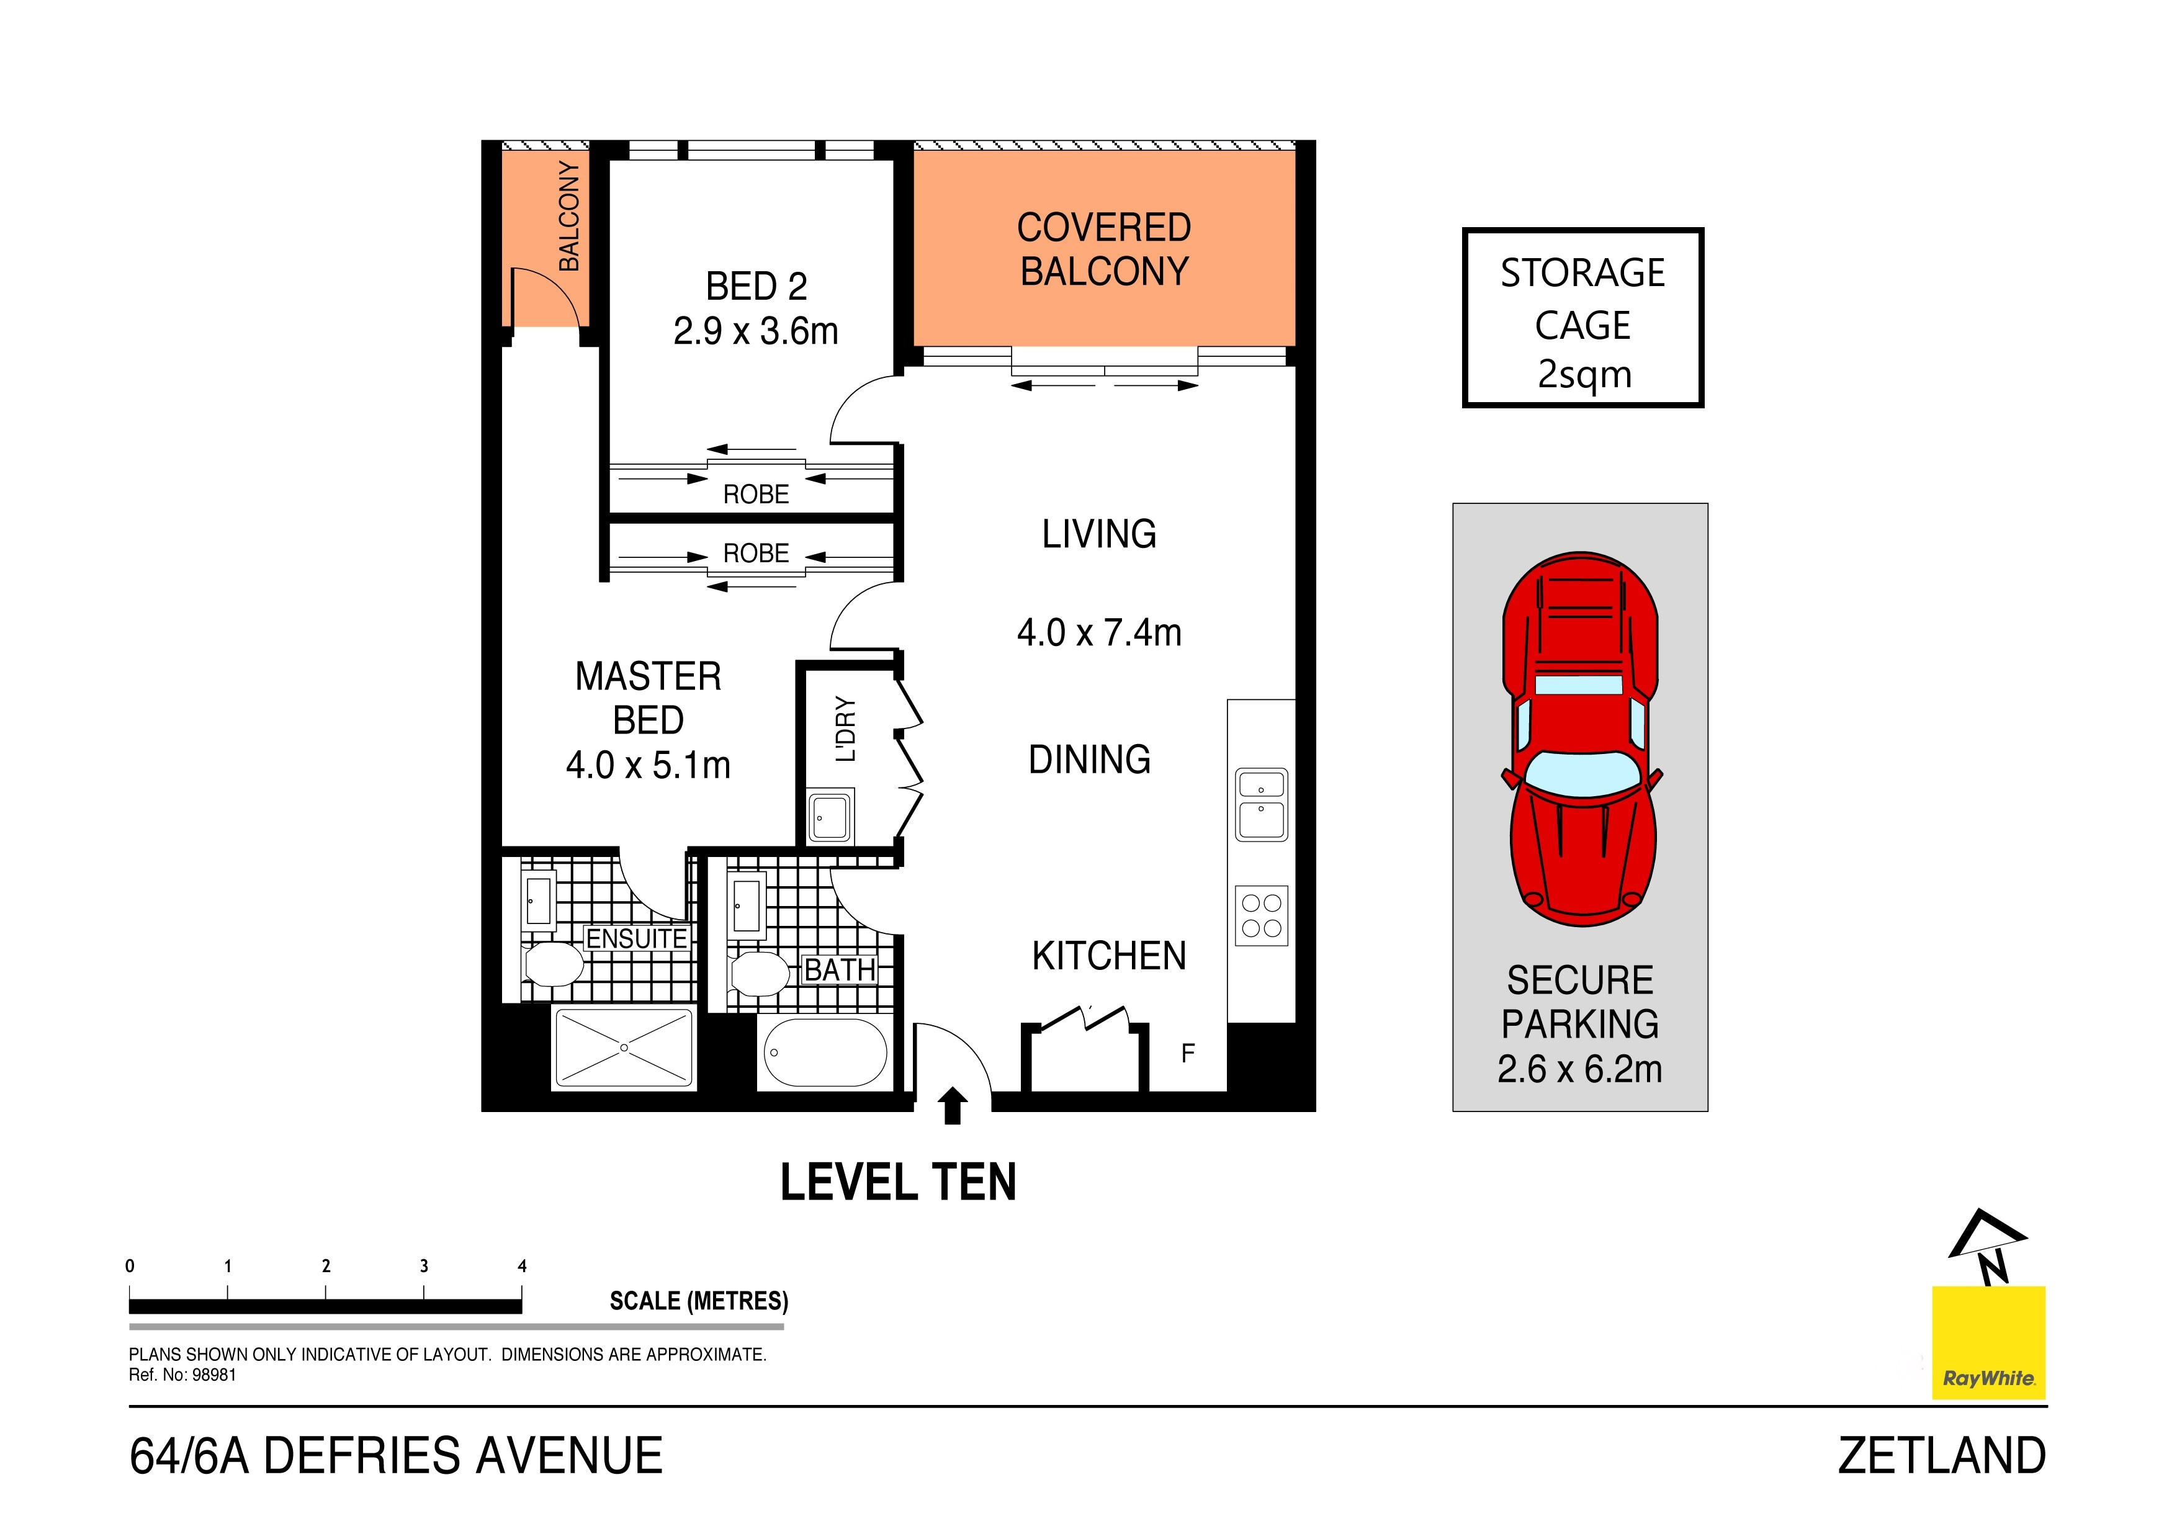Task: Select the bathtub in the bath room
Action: [x=825, y=1052]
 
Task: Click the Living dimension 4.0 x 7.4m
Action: [x=1099, y=632]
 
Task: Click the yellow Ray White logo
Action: [x=1988, y=1343]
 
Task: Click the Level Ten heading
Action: [x=898, y=1182]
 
